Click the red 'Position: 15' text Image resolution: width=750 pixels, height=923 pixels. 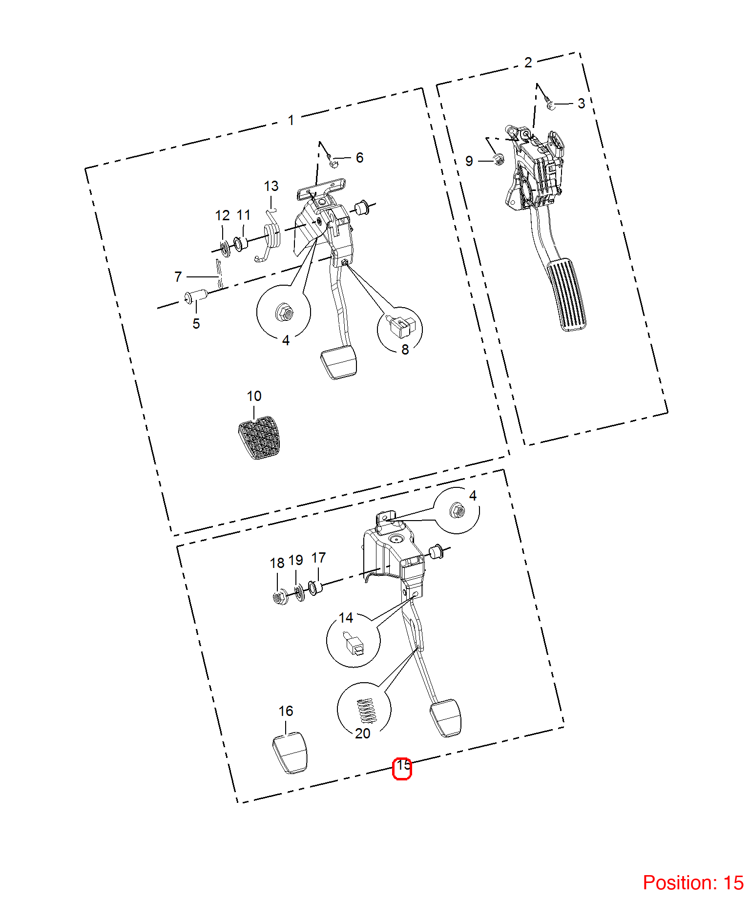pyautogui.click(x=693, y=883)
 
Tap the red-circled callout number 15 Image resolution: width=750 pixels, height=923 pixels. pyautogui.click(x=403, y=765)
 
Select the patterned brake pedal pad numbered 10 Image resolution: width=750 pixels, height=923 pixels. pyautogui.click(x=259, y=438)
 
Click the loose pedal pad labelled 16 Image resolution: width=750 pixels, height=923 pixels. pyautogui.click(x=290, y=753)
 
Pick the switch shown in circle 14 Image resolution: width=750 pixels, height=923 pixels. pyautogui.click(x=354, y=644)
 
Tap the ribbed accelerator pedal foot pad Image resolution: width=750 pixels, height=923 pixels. pyautogui.click(x=566, y=295)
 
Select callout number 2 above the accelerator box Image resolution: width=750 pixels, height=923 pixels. pyautogui.click(x=528, y=63)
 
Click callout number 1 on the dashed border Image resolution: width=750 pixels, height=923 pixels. pyautogui.click(x=291, y=120)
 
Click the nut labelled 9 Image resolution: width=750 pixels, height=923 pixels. pyautogui.click(x=499, y=159)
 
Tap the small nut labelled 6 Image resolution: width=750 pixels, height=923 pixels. pyautogui.click(x=333, y=162)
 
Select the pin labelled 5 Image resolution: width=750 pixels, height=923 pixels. pyautogui.click(x=196, y=296)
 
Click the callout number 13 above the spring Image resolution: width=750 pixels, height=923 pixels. pyautogui.click(x=271, y=186)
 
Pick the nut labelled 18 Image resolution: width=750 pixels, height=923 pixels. pyautogui.click(x=279, y=597)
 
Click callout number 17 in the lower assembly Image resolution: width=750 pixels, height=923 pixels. pyautogui.click(x=318, y=558)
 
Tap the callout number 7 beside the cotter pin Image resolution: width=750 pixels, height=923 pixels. pyautogui.click(x=178, y=277)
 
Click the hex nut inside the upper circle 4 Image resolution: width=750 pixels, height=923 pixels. pyautogui.click(x=284, y=312)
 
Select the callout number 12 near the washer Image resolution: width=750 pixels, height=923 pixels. pyautogui.click(x=223, y=215)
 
